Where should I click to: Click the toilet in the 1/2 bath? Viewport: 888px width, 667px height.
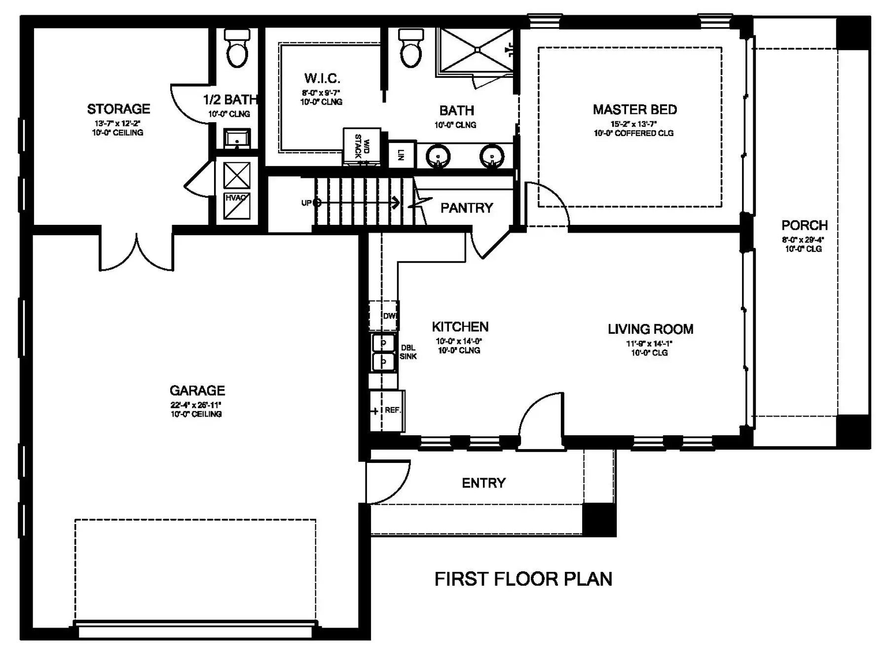pyautogui.click(x=237, y=48)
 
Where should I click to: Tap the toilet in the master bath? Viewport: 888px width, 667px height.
pyautogui.click(x=411, y=48)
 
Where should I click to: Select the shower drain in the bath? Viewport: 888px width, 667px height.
pyautogui.click(x=477, y=49)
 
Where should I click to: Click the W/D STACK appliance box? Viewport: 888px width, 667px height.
pyautogui.click(x=362, y=146)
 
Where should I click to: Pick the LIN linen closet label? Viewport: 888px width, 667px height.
pyautogui.click(x=401, y=155)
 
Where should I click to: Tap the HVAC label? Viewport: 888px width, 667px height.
pyautogui.click(x=236, y=198)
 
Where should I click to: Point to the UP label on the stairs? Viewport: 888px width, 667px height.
pyautogui.click(x=306, y=203)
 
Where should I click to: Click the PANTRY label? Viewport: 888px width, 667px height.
pyautogui.click(x=467, y=208)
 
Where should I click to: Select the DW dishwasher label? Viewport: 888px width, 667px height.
pyautogui.click(x=390, y=316)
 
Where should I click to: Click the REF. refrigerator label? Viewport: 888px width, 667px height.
pyautogui.click(x=393, y=410)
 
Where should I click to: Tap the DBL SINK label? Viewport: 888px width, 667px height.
pyautogui.click(x=408, y=352)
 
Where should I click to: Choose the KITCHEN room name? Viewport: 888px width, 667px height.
pyautogui.click(x=460, y=327)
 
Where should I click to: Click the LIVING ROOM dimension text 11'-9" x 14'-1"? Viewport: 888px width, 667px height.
pyautogui.click(x=649, y=344)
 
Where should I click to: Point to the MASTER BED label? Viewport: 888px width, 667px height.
pyautogui.click(x=635, y=109)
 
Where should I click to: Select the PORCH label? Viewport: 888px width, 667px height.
pyautogui.click(x=805, y=225)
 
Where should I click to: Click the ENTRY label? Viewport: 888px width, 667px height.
pyautogui.click(x=484, y=483)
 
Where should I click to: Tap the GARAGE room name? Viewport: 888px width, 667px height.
pyautogui.click(x=197, y=390)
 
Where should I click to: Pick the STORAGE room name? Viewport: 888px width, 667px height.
pyautogui.click(x=119, y=109)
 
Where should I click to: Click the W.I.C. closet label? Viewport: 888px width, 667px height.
pyautogui.click(x=322, y=78)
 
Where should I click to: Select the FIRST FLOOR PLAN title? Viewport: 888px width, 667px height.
pyautogui.click(x=523, y=579)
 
